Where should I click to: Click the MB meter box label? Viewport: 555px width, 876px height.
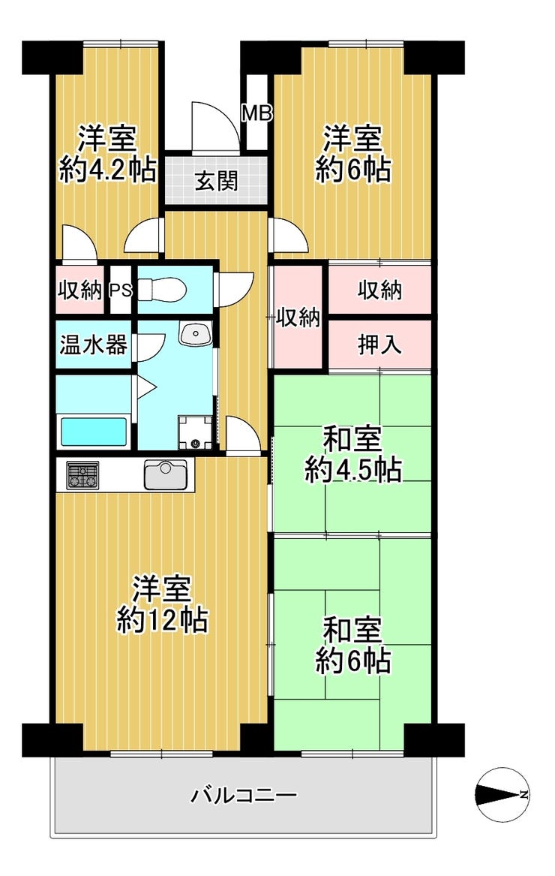coord(256,113)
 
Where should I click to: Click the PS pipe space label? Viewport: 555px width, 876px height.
coord(120,290)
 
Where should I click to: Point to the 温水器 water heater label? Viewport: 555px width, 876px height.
coord(93,345)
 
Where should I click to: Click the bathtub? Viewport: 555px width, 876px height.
coord(93,432)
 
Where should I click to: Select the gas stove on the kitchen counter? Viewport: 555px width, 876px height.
coord(82,475)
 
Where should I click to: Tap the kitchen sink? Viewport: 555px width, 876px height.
coord(165,474)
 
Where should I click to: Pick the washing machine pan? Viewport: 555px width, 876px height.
coord(196,432)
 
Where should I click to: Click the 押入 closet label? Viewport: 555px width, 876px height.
coord(379,345)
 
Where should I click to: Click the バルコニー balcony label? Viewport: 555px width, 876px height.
coord(243,794)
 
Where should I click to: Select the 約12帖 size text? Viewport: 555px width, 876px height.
coord(163,619)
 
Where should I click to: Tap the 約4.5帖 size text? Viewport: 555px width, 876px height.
coord(352,469)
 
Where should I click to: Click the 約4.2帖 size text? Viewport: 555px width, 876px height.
coord(107,169)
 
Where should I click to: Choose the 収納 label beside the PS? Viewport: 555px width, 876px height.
coord(80,290)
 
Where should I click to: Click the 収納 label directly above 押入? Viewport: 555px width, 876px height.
coord(379,290)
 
